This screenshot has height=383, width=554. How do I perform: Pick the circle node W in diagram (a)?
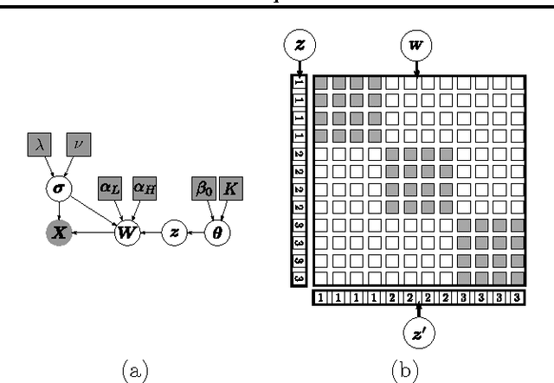point(127,232)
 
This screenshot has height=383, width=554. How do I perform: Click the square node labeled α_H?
point(144,188)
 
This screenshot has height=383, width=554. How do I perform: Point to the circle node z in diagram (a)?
point(176,232)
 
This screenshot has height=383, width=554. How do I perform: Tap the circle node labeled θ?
point(218,232)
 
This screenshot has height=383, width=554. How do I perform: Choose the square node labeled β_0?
point(203,188)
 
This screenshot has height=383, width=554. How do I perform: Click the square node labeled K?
point(230,188)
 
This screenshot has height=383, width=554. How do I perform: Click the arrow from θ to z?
point(197,232)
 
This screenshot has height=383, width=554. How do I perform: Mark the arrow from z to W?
point(151,232)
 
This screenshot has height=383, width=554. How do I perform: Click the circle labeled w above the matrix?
point(416,43)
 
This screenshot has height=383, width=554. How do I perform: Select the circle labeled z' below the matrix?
point(418,332)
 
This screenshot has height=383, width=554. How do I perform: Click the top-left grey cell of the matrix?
point(320,84)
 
